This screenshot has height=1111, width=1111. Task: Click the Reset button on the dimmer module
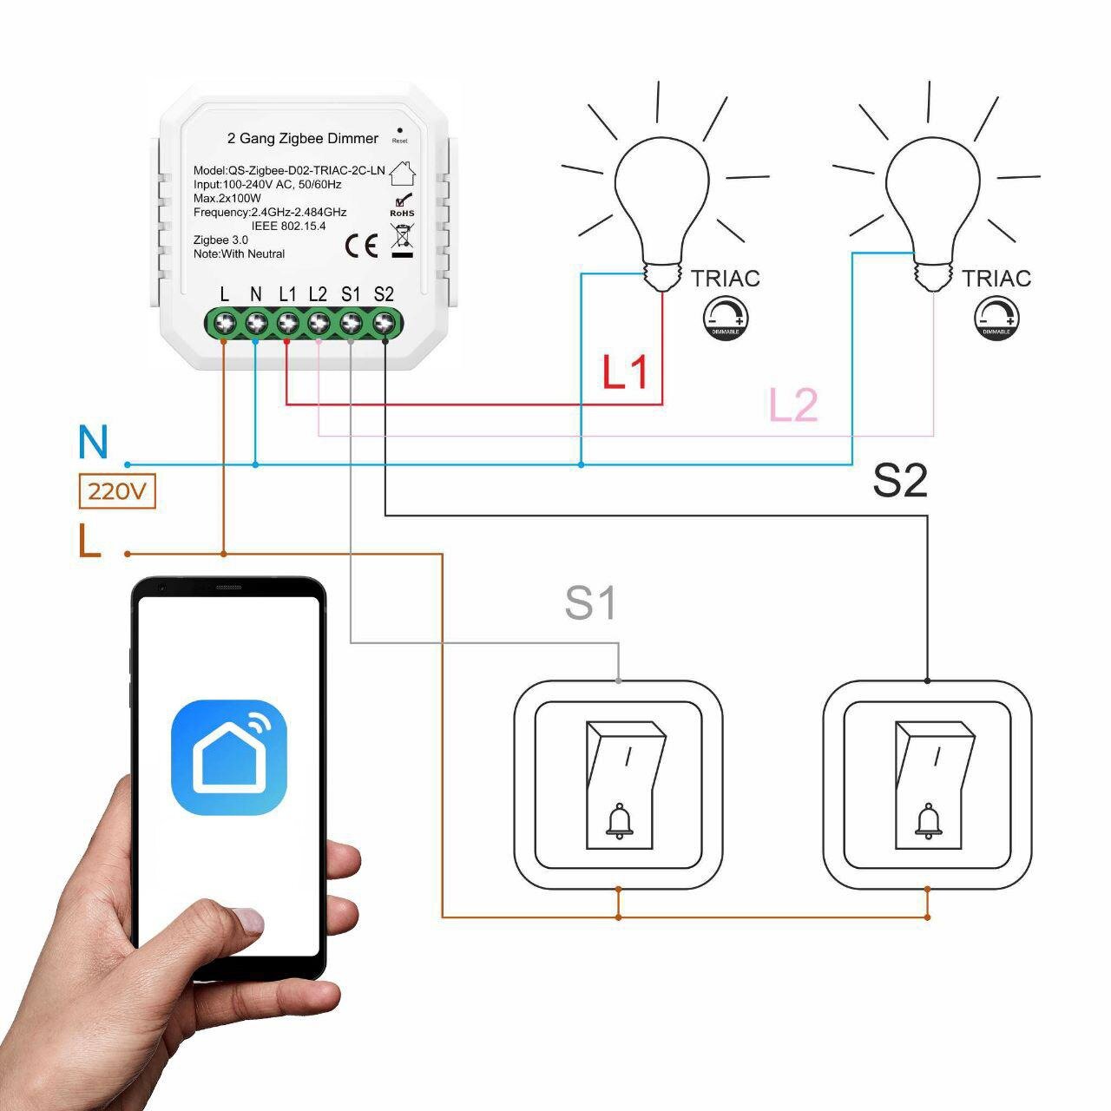click(x=399, y=129)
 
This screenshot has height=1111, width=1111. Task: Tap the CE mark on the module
click(x=361, y=247)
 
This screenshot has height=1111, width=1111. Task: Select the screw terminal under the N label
click(x=256, y=323)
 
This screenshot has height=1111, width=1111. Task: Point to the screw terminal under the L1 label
click(x=287, y=323)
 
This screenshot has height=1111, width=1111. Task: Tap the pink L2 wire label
click(x=793, y=405)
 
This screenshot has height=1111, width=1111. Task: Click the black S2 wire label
click(x=899, y=480)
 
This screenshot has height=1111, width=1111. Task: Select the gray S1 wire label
click(x=590, y=602)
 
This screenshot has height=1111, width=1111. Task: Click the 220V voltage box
click(x=117, y=491)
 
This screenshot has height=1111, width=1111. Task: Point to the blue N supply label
click(x=93, y=443)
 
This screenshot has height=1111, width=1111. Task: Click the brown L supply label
click(x=89, y=542)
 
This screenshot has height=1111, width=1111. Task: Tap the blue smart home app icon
click(x=229, y=758)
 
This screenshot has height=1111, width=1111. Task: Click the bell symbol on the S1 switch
click(x=619, y=821)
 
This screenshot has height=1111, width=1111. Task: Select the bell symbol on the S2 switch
click(x=928, y=821)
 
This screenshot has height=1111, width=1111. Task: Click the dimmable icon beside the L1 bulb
click(x=726, y=318)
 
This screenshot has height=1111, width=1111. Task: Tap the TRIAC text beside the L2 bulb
click(x=996, y=279)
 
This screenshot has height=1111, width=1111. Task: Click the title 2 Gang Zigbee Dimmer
click(x=303, y=138)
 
